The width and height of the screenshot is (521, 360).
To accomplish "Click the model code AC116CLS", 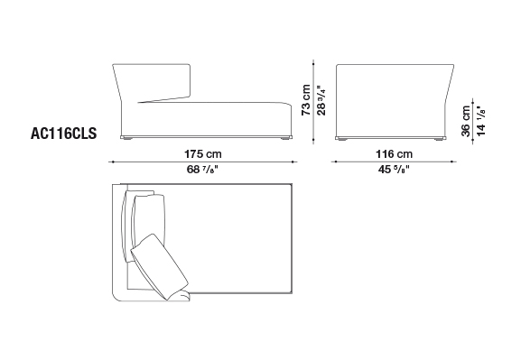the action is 63,134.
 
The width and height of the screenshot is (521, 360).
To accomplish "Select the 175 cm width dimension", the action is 202,154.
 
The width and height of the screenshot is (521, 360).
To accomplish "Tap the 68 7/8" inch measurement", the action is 202,170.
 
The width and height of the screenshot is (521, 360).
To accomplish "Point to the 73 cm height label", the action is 306,100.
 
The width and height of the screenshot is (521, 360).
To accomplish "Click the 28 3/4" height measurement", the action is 321,100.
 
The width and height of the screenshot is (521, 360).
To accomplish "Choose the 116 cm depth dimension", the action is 394,154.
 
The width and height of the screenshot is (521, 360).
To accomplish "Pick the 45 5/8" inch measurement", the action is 394,170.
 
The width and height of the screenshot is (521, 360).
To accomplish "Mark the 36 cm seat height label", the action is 466,121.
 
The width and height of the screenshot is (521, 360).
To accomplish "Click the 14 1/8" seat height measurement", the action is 480,121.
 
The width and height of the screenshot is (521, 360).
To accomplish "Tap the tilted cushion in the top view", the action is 160,265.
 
